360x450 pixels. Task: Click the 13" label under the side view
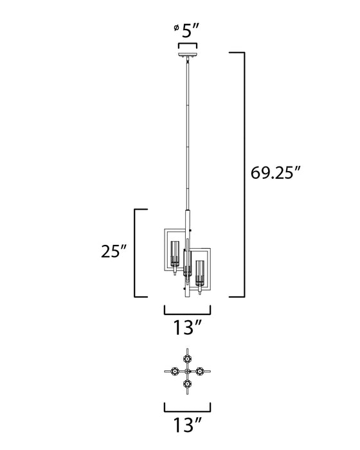[187, 328]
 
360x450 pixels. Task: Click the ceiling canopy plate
[186, 53]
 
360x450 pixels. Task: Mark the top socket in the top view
[187, 356]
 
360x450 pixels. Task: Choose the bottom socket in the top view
[187, 386]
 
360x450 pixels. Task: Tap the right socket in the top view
[201, 371]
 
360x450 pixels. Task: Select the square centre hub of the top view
[187, 371]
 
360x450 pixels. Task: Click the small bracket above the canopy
[186, 44]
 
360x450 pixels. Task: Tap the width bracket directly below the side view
[187, 309]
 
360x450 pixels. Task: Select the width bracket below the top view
[187, 407]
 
